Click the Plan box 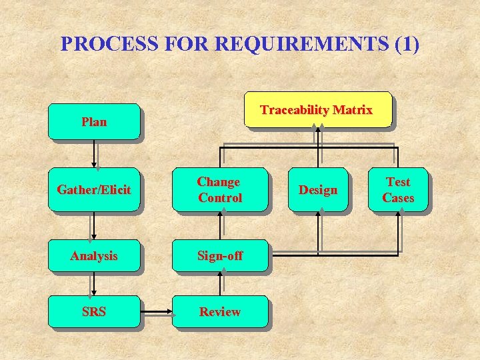(x=93, y=121)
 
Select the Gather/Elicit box (x=93, y=190)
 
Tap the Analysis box (x=93, y=255)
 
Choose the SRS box (x=93, y=311)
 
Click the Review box (x=220, y=311)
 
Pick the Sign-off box (x=220, y=255)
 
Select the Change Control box (x=220, y=190)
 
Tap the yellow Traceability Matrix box (x=317, y=109)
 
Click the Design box (x=318, y=190)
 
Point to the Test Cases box (x=398, y=190)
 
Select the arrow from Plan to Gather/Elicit (x=95, y=154)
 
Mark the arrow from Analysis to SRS (x=95, y=284)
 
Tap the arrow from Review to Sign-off (x=221, y=284)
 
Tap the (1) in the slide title (x=407, y=44)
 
